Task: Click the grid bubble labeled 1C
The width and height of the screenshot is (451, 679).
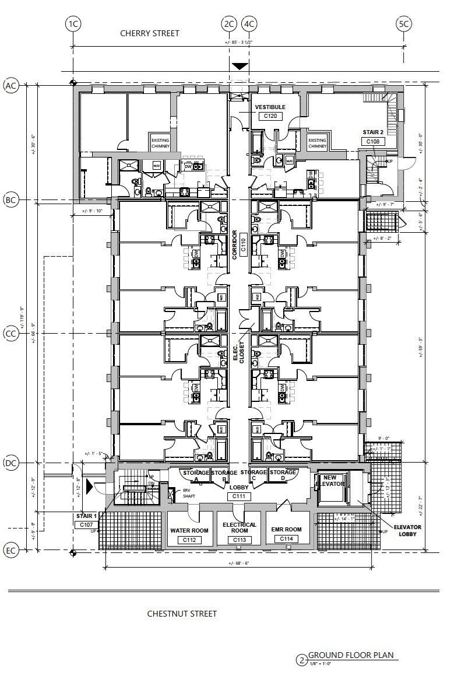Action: tap(73, 24)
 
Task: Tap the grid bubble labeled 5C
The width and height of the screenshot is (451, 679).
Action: tap(404, 24)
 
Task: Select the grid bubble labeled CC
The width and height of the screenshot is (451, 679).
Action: tap(10, 334)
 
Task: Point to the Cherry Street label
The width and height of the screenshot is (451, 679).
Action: tap(150, 33)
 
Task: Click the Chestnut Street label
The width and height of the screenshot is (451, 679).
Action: tap(182, 614)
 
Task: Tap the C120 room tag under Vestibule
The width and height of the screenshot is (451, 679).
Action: tap(270, 116)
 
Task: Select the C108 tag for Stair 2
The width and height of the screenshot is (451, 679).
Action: tap(373, 142)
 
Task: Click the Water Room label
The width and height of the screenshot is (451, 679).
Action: tap(189, 531)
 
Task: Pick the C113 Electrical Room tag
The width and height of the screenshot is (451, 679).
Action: tap(239, 540)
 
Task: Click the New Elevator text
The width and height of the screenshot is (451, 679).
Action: tap(330, 481)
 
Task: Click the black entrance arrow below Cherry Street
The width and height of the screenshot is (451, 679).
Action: tap(239, 66)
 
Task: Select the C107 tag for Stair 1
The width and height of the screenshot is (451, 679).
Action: tap(86, 525)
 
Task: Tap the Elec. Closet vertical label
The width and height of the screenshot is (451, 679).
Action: tap(239, 352)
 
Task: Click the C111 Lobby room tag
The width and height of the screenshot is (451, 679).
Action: tap(239, 496)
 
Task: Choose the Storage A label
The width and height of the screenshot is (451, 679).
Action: tap(196, 475)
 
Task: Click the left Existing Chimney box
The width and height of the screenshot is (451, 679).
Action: tap(160, 143)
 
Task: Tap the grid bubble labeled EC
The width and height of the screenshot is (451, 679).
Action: tap(10, 550)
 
